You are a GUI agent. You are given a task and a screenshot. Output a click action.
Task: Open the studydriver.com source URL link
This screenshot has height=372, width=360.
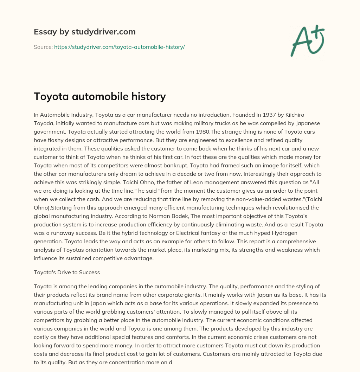coord(119,47)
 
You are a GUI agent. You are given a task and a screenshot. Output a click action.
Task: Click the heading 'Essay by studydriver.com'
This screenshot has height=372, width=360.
coord(85,32)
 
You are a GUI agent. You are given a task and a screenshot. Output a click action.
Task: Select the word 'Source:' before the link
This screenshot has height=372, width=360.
coord(43,47)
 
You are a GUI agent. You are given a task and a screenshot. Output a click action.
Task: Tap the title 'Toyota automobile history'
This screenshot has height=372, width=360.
coord(99,96)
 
